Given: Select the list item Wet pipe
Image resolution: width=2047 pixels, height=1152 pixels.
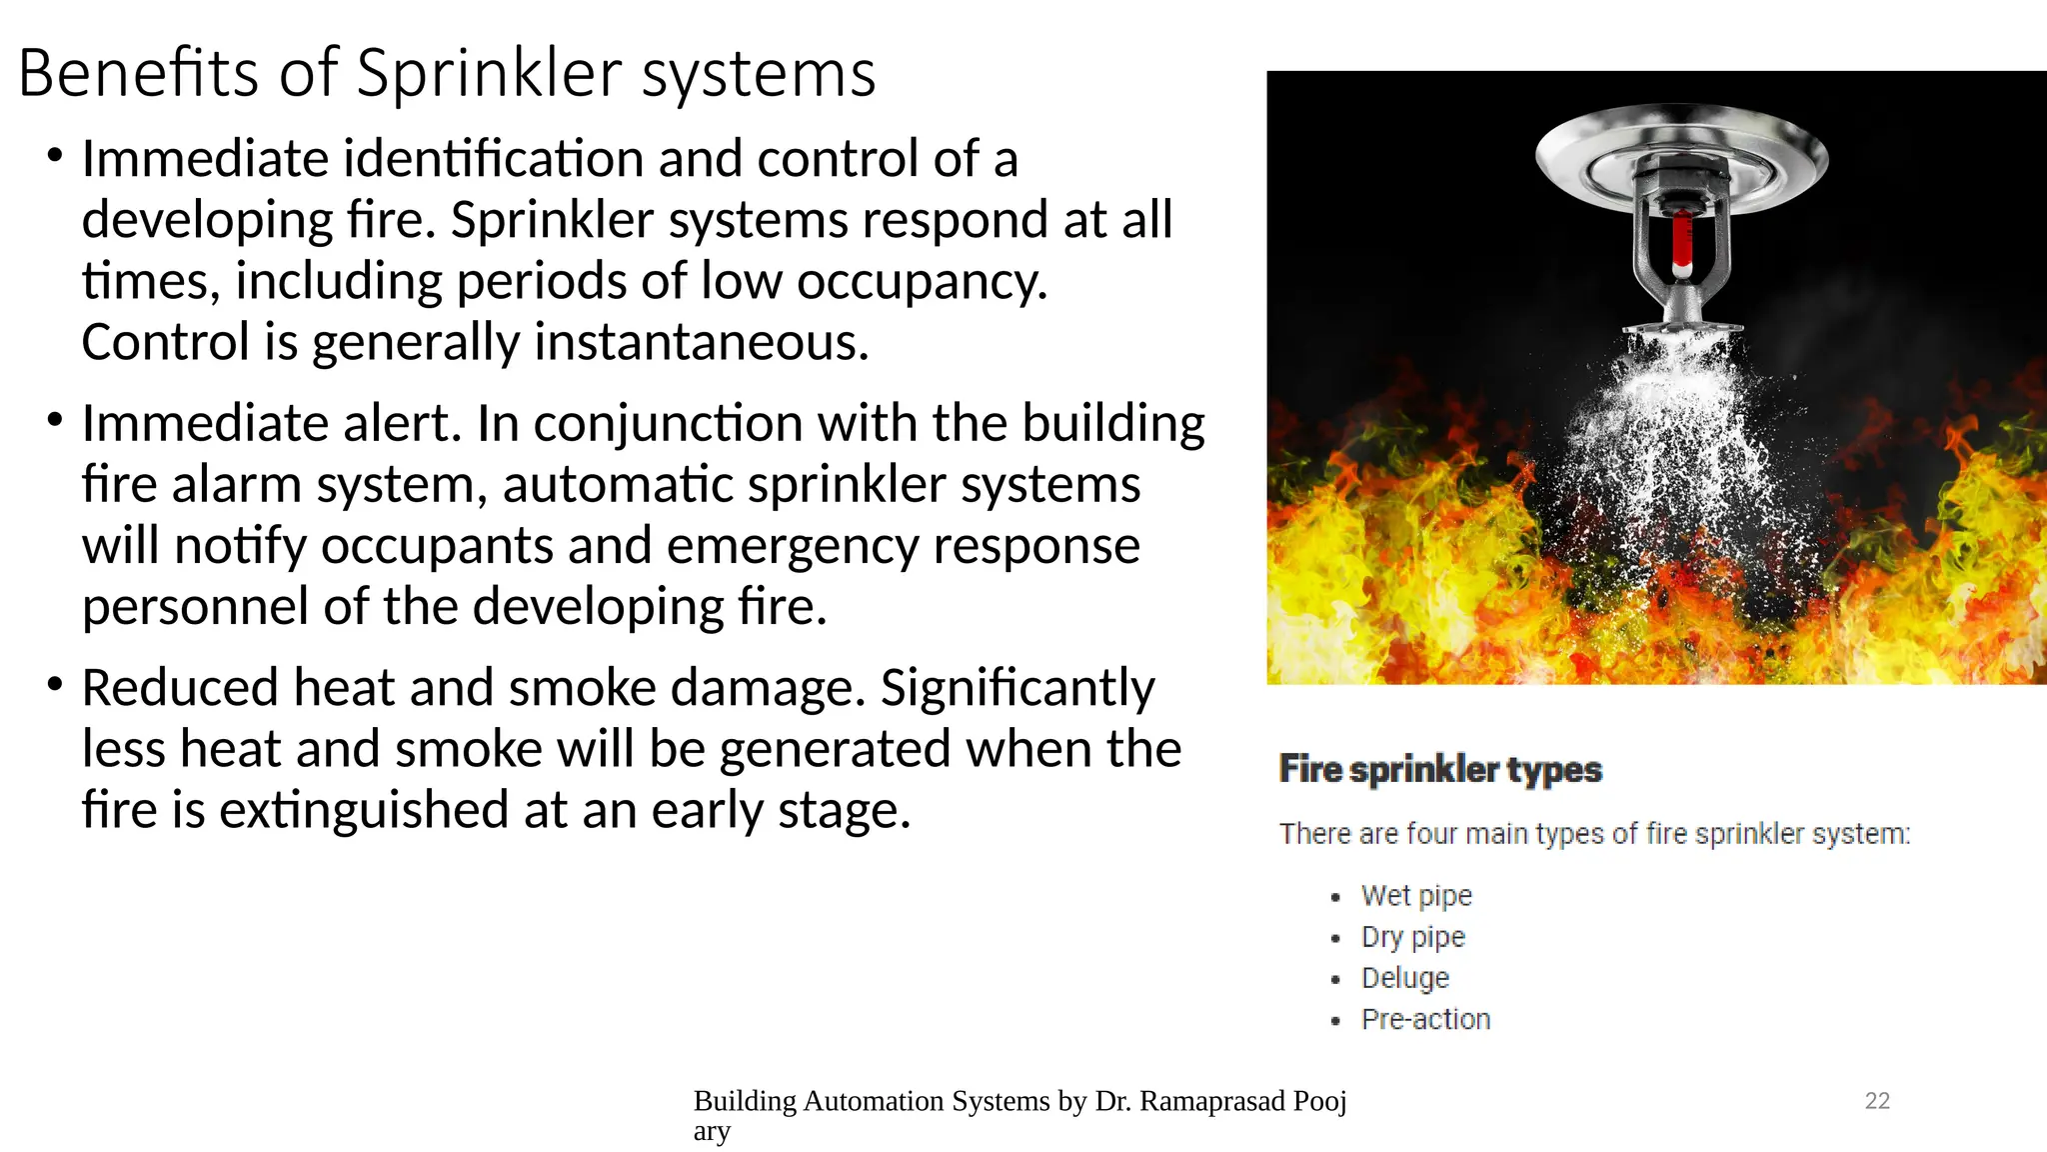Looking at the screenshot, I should point(1416,895).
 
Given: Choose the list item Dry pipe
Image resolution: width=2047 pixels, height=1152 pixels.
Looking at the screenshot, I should point(1412,937).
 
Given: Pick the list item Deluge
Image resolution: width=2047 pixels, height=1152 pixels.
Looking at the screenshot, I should point(1404,978).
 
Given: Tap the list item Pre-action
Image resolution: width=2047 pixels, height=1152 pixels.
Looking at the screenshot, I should point(1425,1019).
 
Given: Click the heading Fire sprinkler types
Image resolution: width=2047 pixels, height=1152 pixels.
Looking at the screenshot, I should point(1440,769).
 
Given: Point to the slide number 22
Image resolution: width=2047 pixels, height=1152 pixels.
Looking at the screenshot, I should point(1877,1101).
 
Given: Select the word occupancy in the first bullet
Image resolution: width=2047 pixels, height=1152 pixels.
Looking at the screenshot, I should point(922,282).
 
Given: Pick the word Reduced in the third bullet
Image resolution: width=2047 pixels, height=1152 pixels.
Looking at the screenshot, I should point(180,688).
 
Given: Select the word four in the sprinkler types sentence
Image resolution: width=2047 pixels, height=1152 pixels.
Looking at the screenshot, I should point(1431,834).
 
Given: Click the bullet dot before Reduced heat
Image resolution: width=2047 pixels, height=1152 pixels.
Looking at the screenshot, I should point(55,684).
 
